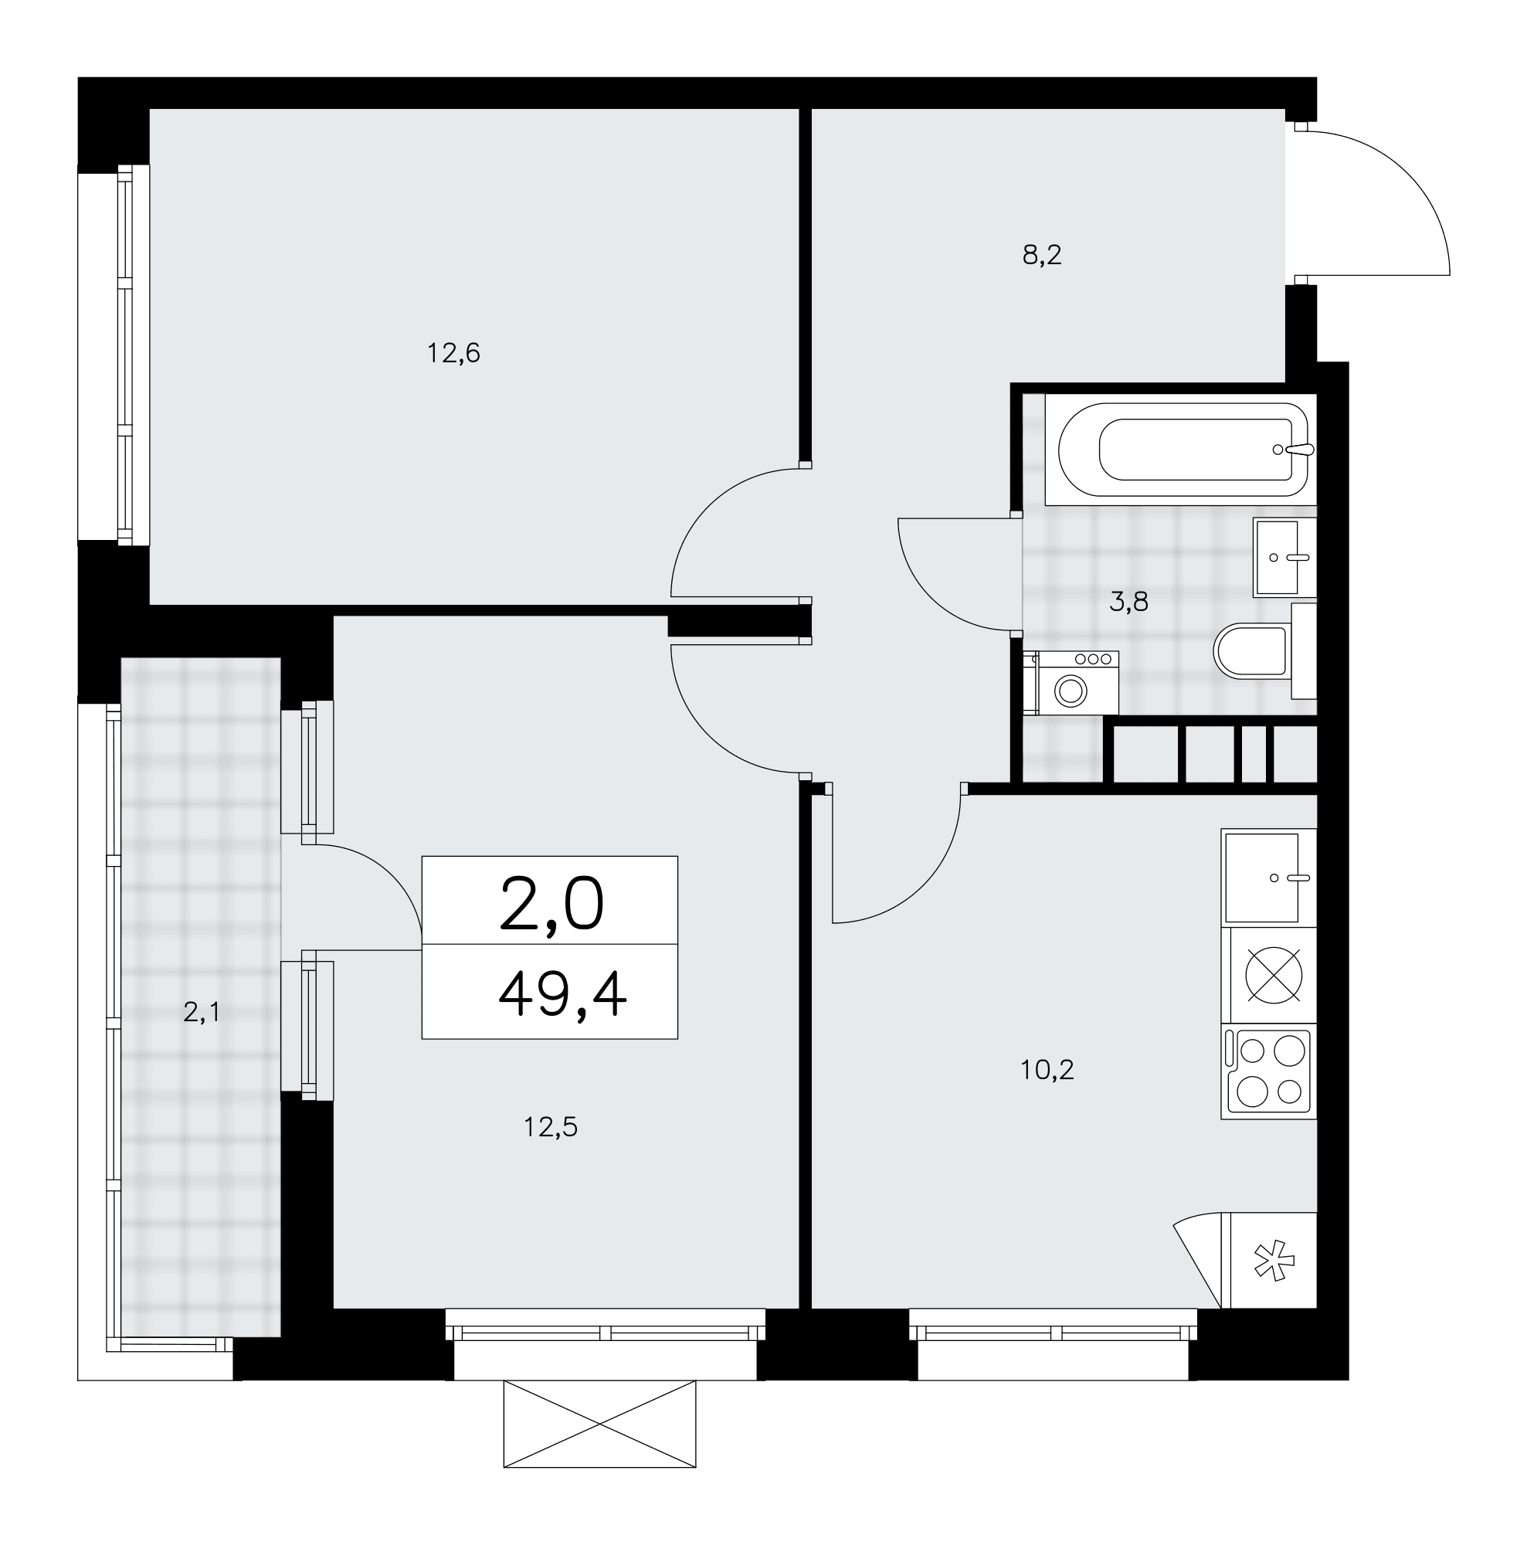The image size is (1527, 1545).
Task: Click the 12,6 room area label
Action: coord(453,353)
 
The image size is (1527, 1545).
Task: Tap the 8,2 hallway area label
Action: coord(1042,255)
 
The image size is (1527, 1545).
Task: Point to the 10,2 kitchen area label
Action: coord(1047,1069)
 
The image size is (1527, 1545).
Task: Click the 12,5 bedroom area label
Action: coord(550,1127)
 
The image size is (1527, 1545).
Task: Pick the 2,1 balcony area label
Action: coord(201,1014)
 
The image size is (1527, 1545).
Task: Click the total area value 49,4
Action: coord(562,996)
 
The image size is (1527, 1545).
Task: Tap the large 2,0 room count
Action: coord(551,905)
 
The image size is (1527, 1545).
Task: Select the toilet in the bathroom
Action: coord(1264,650)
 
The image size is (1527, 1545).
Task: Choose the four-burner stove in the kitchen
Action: coord(1269,1071)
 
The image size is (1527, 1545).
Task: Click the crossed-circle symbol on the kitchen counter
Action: coord(1274,975)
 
